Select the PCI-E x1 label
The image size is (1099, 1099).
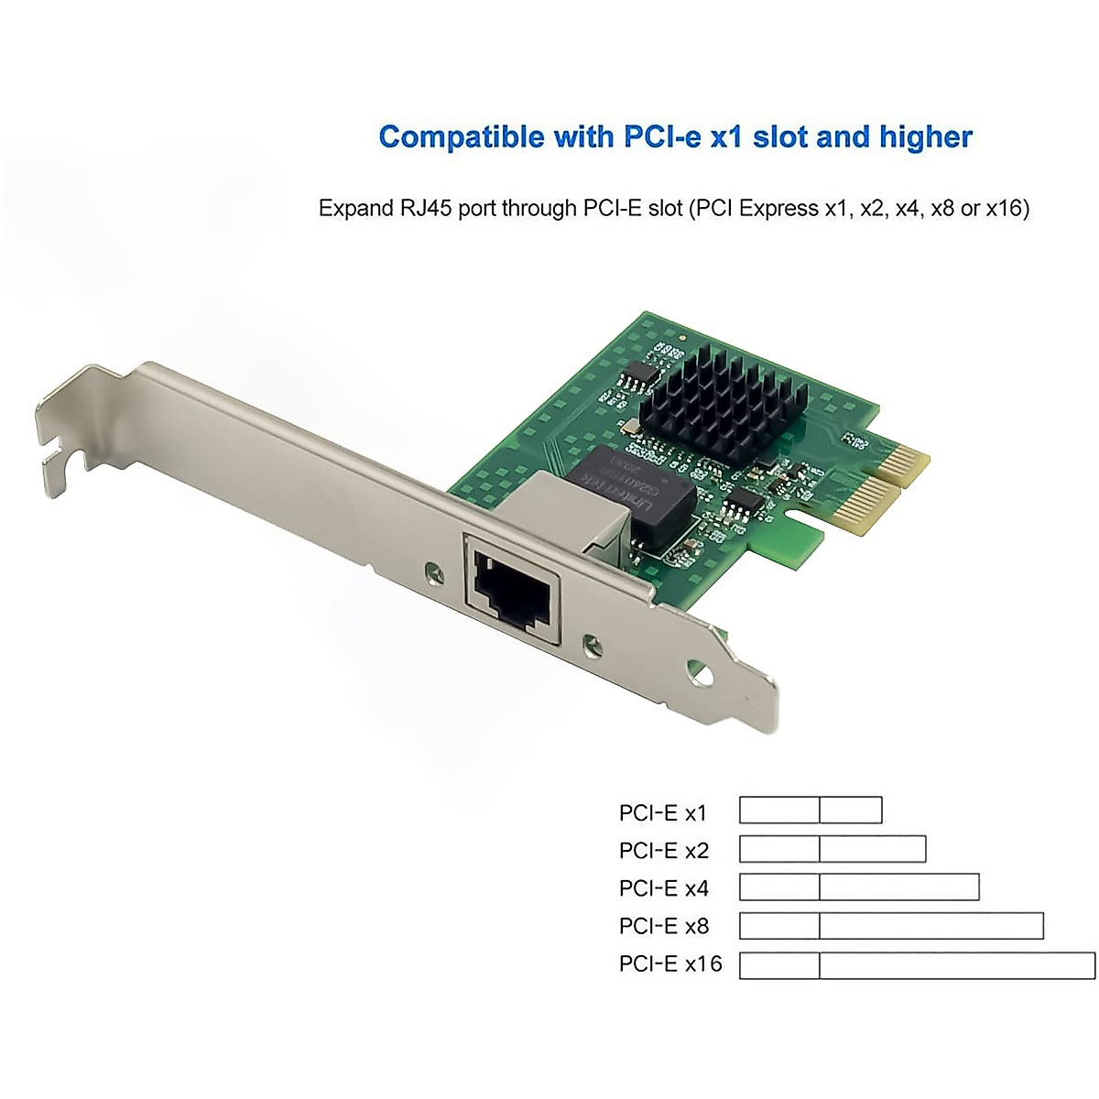click(x=663, y=812)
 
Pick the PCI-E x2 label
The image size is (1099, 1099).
click(x=664, y=850)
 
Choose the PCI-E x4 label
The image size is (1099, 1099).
click(x=664, y=887)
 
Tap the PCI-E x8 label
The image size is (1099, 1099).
click(x=664, y=926)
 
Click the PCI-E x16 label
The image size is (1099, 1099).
click(x=670, y=963)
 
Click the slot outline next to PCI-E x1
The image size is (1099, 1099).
click(x=811, y=811)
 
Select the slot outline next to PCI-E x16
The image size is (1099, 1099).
click(x=917, y=965)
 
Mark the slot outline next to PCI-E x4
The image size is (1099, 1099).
click(x=859, y=887)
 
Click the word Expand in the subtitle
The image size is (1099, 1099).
click(x=355, y=209)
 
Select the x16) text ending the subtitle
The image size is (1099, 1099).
click(x=1007, y=209)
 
